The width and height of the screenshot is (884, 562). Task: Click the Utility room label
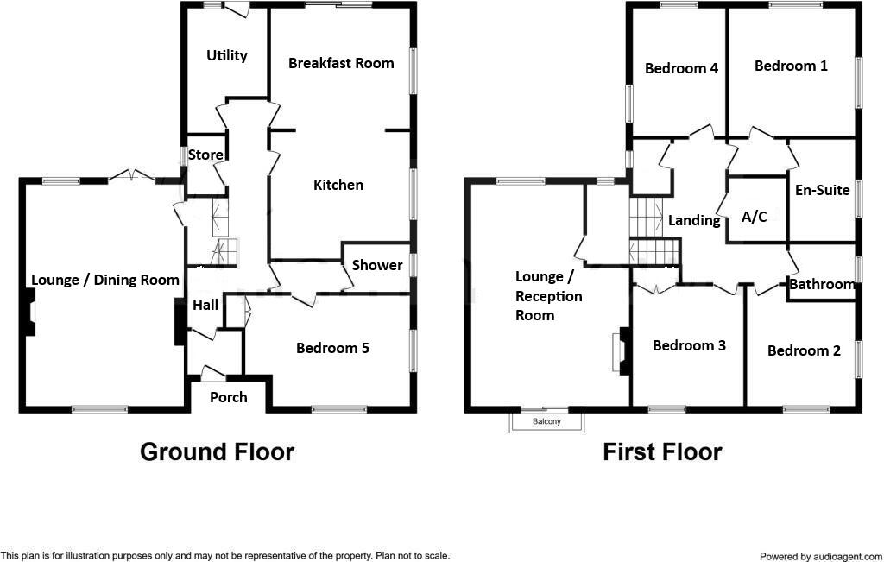click(227, 55)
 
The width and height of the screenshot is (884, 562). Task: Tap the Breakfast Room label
click(341, 63)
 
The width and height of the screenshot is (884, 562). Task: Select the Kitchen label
click(338, 185)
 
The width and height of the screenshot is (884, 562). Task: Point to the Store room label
click(205, 155)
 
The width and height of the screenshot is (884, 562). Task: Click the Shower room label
click(377, 265)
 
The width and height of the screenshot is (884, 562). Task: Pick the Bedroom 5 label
click(332, 348)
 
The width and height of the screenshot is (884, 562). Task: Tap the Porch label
click(229, 397)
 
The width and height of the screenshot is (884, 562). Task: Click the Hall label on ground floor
click(205, 304)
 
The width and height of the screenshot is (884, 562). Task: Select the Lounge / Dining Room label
click(105, 280)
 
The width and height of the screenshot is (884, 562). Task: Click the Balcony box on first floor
click(546, 421)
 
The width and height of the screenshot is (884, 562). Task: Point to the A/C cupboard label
click(755, 217)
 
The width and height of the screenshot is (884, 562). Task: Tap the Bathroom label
click(822, 284)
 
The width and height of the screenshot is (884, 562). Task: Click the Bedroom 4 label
click(682, 68)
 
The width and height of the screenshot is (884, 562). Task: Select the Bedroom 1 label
click(791, 66)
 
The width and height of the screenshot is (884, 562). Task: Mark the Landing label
click(694, 220)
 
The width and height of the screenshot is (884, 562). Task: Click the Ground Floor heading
click(217, 451)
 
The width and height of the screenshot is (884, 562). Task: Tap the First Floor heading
click(662, 451)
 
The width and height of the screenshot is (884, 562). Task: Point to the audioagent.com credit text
click(820, 557)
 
